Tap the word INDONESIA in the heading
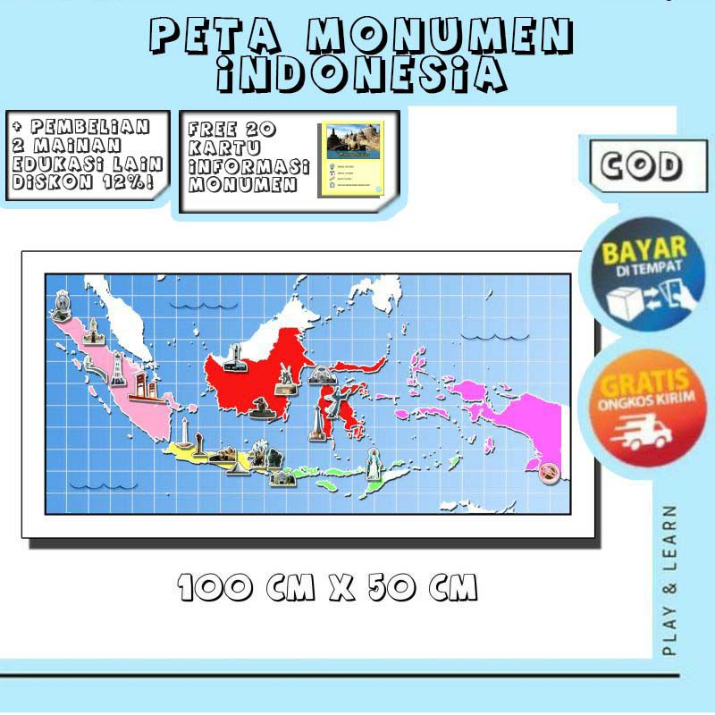coord(362,73)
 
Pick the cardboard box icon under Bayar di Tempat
coord(626,302)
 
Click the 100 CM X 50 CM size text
coord(327,587)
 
